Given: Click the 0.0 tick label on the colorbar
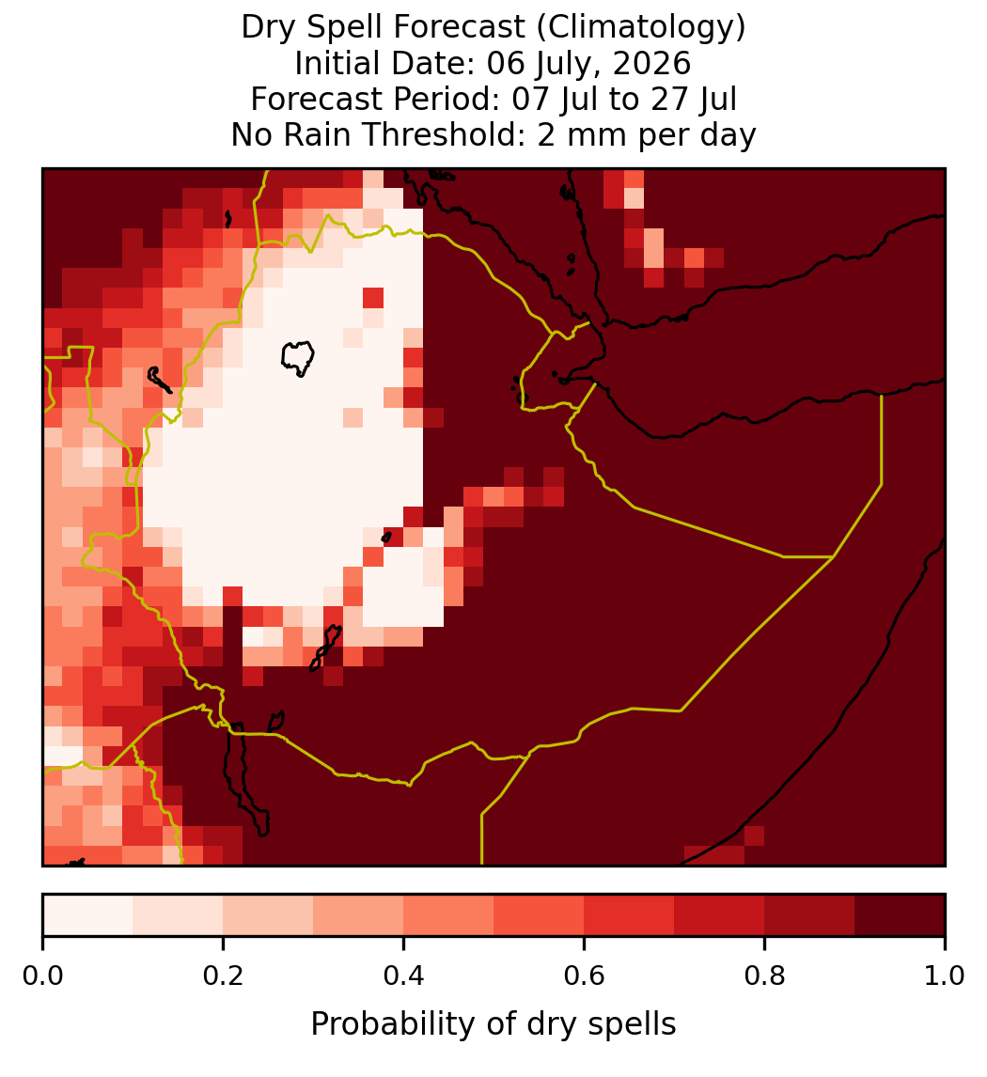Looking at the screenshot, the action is tap(42, 976).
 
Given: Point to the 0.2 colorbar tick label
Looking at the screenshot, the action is tap(223, 976).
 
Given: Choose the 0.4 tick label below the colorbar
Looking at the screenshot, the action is tap(404, 976).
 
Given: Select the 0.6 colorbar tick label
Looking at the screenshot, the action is tap(585, 976).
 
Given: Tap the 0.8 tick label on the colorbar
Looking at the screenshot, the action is tap(764, 976).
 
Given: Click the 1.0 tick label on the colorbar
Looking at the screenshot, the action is tap(945, 976).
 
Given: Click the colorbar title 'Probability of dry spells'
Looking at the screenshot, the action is tap(493, 1024).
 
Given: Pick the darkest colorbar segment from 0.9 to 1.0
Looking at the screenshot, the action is tap(900, 915).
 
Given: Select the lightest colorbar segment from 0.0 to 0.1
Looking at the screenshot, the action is tap(88, 915).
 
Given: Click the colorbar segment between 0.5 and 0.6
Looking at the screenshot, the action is tap(540, 915).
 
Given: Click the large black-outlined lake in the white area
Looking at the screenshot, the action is tap(297, 358).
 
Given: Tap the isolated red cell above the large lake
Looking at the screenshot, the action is tap(373, 298).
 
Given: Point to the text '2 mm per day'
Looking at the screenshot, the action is tap(647, 134).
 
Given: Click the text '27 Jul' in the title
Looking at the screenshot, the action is tap(694, 99).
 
